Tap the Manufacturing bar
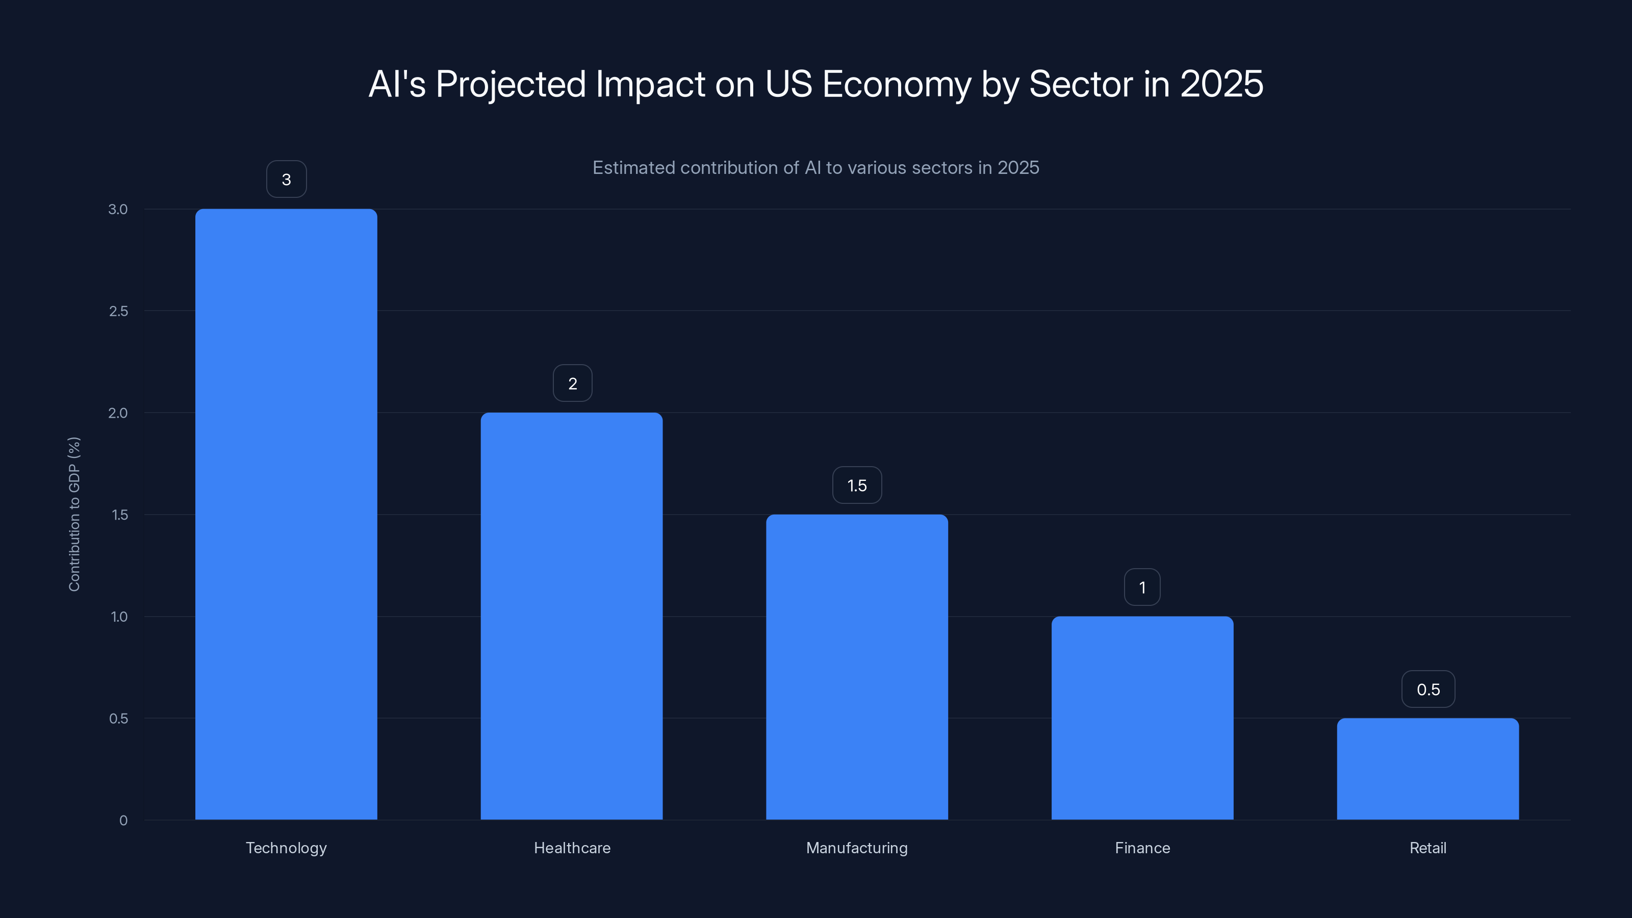tap(857, 667)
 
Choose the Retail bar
tap(1427, 769)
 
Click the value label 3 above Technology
tap(286, 180)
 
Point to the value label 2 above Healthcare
tap(572, 384)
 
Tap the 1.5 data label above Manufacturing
tap(857, 486)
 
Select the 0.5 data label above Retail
tap(1428, 690)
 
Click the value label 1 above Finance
tap(1142, 588)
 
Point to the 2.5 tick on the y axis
tap(118, 311)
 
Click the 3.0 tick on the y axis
tap(118, 209)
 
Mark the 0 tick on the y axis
tap(123, 821)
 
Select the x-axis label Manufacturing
tap(857, 848)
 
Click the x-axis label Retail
tap(1427, 848)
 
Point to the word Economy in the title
tap(897, 84)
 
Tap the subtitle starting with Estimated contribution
tap(815, 167)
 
